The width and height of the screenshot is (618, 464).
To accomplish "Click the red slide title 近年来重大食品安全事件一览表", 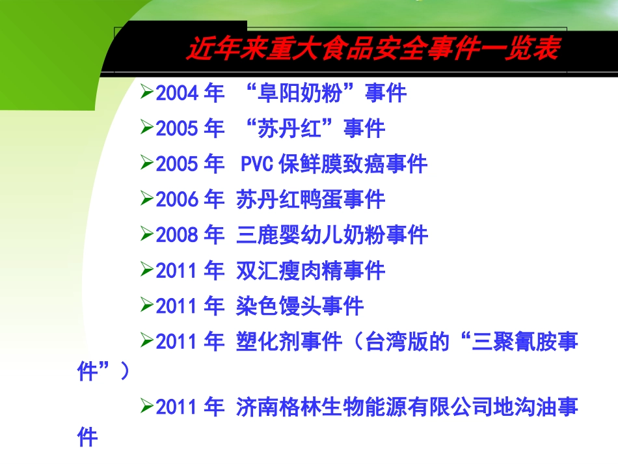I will coord(372,49).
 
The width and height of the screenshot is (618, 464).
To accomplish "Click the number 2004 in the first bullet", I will coord(177,94).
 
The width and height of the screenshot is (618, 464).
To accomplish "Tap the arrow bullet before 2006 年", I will coord(147,198).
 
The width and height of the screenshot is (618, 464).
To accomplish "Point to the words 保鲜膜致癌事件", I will coord(353,164).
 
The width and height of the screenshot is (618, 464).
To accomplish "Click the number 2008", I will coord(177,235).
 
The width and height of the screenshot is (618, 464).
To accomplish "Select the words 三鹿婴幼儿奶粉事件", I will coord(332,235).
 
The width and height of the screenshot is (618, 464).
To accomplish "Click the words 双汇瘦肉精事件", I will coord(310,270).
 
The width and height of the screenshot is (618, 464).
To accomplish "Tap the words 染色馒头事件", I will coord(300,306).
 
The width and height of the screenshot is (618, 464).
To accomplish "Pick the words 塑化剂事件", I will coord(289,342).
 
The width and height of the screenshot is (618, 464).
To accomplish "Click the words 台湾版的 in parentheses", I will coord(407,342).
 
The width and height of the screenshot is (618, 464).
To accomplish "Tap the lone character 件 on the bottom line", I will coord(87,437).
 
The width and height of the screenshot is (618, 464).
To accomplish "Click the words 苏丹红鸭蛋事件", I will coord(310,199).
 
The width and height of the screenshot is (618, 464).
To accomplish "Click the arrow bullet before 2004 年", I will coord(147,93).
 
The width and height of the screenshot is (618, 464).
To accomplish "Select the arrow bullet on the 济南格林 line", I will coord(147,407).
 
